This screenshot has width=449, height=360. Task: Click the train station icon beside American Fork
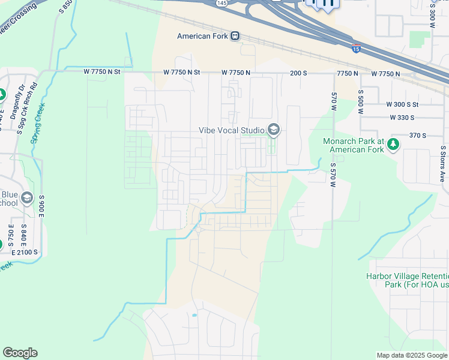tap(235, 36)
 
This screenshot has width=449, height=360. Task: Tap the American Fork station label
tap(203, 36)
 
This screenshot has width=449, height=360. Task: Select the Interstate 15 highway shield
tap(356, 49)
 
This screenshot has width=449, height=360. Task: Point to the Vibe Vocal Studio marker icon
tap(274, 130)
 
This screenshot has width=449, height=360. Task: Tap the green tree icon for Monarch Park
tap(393, 144)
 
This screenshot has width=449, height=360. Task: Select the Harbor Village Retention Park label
tap(407, 280)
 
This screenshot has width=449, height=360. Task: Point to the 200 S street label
tap(298, 73)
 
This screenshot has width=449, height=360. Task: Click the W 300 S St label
tap(398, 104)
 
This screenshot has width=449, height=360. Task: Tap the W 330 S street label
tap(402, 118)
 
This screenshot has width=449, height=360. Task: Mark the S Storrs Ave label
tap(443, 163)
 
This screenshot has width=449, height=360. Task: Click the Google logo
tap(20, 353)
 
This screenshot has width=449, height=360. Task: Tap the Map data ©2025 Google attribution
tap(411, 355)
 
